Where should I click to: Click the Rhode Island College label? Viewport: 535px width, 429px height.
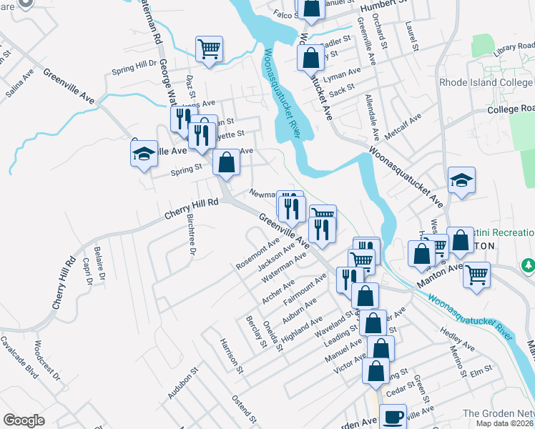tap(486, 82)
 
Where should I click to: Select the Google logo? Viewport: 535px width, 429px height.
tap(24, 420)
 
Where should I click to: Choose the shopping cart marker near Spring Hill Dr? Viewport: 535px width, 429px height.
tap(210, 49)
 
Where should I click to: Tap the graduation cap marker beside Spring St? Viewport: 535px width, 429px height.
tap(144, 153)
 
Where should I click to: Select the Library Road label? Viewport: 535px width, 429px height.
tap(514, 47)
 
